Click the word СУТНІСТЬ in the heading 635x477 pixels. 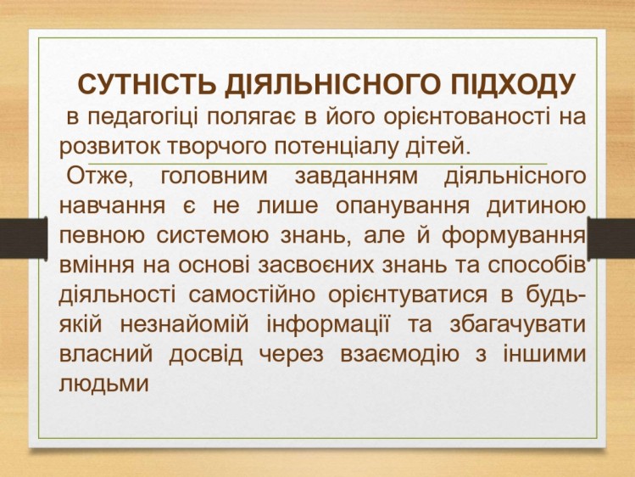click(x=146, y=84)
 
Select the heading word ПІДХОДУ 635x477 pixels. click(x=512, y=85)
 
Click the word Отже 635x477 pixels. click(x=100, y=177)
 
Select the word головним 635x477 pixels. click(x=214, y=177)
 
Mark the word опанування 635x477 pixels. click(x=403, y=207)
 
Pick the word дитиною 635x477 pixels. click(x=536, y=206)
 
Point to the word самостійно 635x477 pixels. click(x=252, y=295)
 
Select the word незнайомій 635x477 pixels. click(x=184, y=325)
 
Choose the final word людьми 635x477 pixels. click(x=103, y=384)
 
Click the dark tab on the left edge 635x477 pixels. click(x=24, y=238)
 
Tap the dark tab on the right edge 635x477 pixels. click(x=611, y=238)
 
